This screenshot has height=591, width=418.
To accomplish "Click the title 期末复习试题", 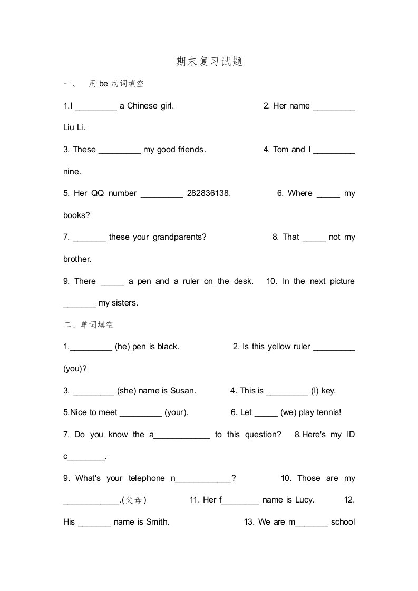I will click(209, 62).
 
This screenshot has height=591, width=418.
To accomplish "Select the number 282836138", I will click(209, 193).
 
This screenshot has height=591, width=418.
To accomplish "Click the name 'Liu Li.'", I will click(74, 127).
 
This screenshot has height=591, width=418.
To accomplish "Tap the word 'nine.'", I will click(72, 172).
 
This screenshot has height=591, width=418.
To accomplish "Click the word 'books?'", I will click(76, 215).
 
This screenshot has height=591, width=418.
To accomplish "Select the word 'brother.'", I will click(77, 259).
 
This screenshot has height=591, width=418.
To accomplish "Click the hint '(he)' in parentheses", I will click(122, 347).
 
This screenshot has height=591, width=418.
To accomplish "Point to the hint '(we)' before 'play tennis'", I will click(288, 412).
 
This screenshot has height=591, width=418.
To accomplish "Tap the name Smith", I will click(157, 522).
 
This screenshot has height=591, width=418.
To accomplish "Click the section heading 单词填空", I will click(97, 325).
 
